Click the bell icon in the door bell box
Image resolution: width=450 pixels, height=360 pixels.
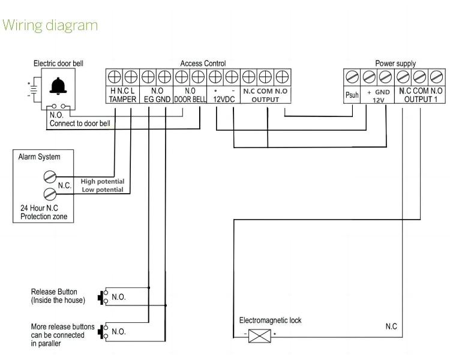coord(58,86)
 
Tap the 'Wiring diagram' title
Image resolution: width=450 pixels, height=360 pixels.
coord(50,26)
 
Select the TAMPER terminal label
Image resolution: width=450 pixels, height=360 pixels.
coord(122,100)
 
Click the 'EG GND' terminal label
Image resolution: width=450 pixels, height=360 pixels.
coord(157,100)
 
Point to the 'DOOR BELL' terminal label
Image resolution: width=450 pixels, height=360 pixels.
coord(190,100)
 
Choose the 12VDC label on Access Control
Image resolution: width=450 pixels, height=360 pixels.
coord(224,100)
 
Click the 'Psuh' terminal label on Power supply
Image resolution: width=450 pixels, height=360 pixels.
coord(352,95)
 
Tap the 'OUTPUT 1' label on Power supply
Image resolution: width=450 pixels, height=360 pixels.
coord(421,100)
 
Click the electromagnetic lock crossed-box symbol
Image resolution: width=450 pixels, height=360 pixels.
coord(259,336)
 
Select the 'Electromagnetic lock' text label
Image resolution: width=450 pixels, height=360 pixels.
coord(271,320)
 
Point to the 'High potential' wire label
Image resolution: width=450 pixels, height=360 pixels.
coord(103,181)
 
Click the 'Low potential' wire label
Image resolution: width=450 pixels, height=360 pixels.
coord(103,190)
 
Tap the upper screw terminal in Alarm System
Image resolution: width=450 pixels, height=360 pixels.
coord(50,176)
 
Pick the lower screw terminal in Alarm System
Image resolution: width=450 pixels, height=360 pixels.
coord(50,194)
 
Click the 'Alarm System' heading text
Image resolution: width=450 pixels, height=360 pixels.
coord(40,157)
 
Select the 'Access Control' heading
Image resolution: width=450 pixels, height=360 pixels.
coord(203,64)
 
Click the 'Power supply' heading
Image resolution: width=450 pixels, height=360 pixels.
coord(395,64)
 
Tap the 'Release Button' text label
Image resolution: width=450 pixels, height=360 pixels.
coord(54,292)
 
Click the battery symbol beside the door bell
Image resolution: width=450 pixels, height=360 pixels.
coord(34,89)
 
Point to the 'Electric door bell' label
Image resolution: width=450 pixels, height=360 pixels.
coord(58,64)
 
